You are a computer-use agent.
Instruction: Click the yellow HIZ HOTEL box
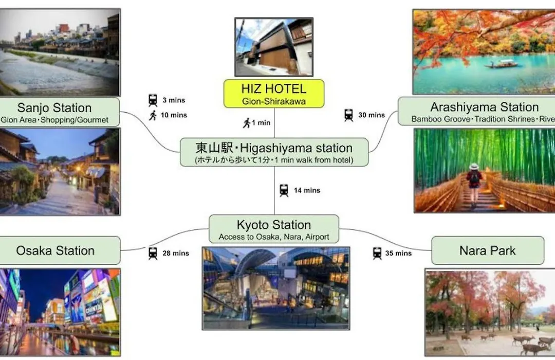(273, 94)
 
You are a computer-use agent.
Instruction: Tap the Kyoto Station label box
(273, 229)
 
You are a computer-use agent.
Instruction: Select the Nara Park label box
(487, 250)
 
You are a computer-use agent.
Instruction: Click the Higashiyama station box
(274, 152)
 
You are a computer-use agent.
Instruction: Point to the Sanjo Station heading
(54, 107)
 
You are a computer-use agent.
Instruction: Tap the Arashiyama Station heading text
(484, 106)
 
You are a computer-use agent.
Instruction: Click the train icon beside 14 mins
(284, 190)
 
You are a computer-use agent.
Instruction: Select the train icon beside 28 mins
(153, 254)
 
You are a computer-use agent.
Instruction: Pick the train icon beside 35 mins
(377, 254)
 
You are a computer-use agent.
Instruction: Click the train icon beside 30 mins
(348, 115)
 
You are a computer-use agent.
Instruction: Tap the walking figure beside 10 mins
(153, 115)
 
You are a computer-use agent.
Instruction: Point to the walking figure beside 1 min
(247, 123)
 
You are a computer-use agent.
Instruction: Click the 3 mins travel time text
(174, 100)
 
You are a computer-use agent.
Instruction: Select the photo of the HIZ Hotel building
(274, 47)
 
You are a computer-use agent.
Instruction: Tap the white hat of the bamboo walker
(474, 167)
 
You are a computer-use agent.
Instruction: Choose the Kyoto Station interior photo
(276, 289)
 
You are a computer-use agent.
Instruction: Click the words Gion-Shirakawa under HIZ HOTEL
(273, 101)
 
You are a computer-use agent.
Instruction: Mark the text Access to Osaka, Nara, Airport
(273, 237)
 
